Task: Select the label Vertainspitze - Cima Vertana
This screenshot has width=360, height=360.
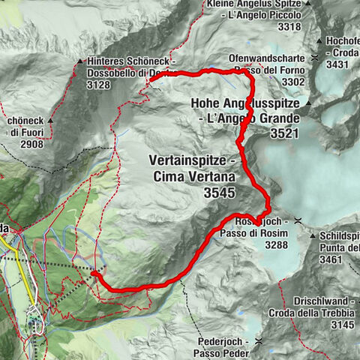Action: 193,169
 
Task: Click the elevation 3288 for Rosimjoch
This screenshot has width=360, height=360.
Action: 269,244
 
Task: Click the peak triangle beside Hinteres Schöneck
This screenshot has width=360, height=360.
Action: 79,61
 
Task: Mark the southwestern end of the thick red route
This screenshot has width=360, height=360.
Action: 94,274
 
